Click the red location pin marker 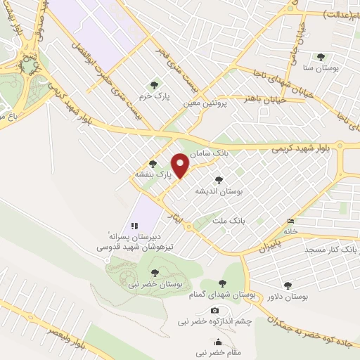[x=181, y=165]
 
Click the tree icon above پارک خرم [x=155, y=85]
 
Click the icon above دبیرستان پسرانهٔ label [x=134, y=225]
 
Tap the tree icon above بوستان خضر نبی [x=155, y=273]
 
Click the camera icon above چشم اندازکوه [x=214, y=311]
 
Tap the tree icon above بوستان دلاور [x=288, y=285]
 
